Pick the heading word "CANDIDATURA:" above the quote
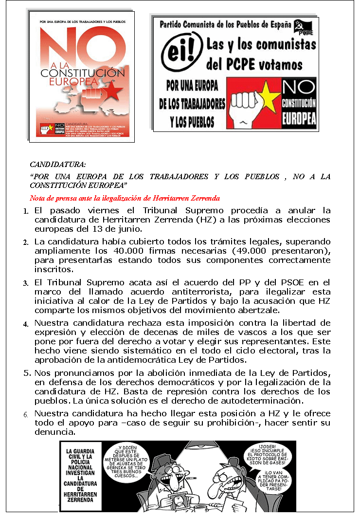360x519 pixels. point(58,165)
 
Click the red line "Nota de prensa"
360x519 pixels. point(125,198)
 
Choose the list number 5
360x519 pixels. point(27,373)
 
